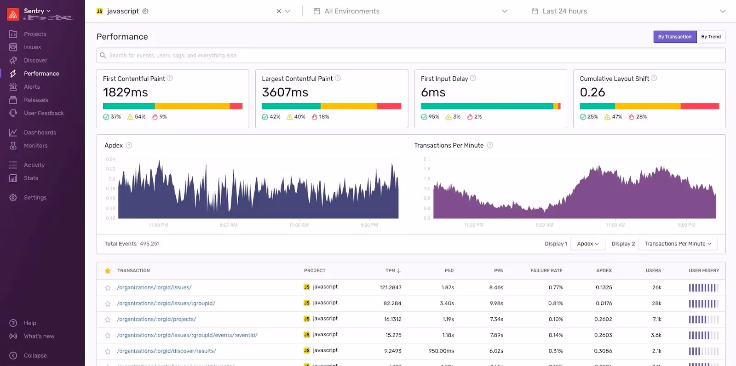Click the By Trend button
coord(711,37)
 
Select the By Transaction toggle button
coord(674,37)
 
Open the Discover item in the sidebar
coord(35,60)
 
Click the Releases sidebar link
coord(36,100)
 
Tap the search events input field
coord(409,56)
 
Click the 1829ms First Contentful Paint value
coord(126,92)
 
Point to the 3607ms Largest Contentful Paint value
coord(285,92)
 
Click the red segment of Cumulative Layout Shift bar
coord(700,106)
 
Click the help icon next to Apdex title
coord(129,145)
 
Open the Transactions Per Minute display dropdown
coord(678,244)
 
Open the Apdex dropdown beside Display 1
coord(587,244)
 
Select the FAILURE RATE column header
coord(546,271)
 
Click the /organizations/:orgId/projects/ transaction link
coord(156,319)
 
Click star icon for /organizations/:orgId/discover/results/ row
coord(108,351)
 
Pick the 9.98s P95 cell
coord(496,303)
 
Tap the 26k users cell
coord(656,287)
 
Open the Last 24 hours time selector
coord(627,11)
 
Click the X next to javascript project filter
coord(279,11)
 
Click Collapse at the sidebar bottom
coord(35,355)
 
